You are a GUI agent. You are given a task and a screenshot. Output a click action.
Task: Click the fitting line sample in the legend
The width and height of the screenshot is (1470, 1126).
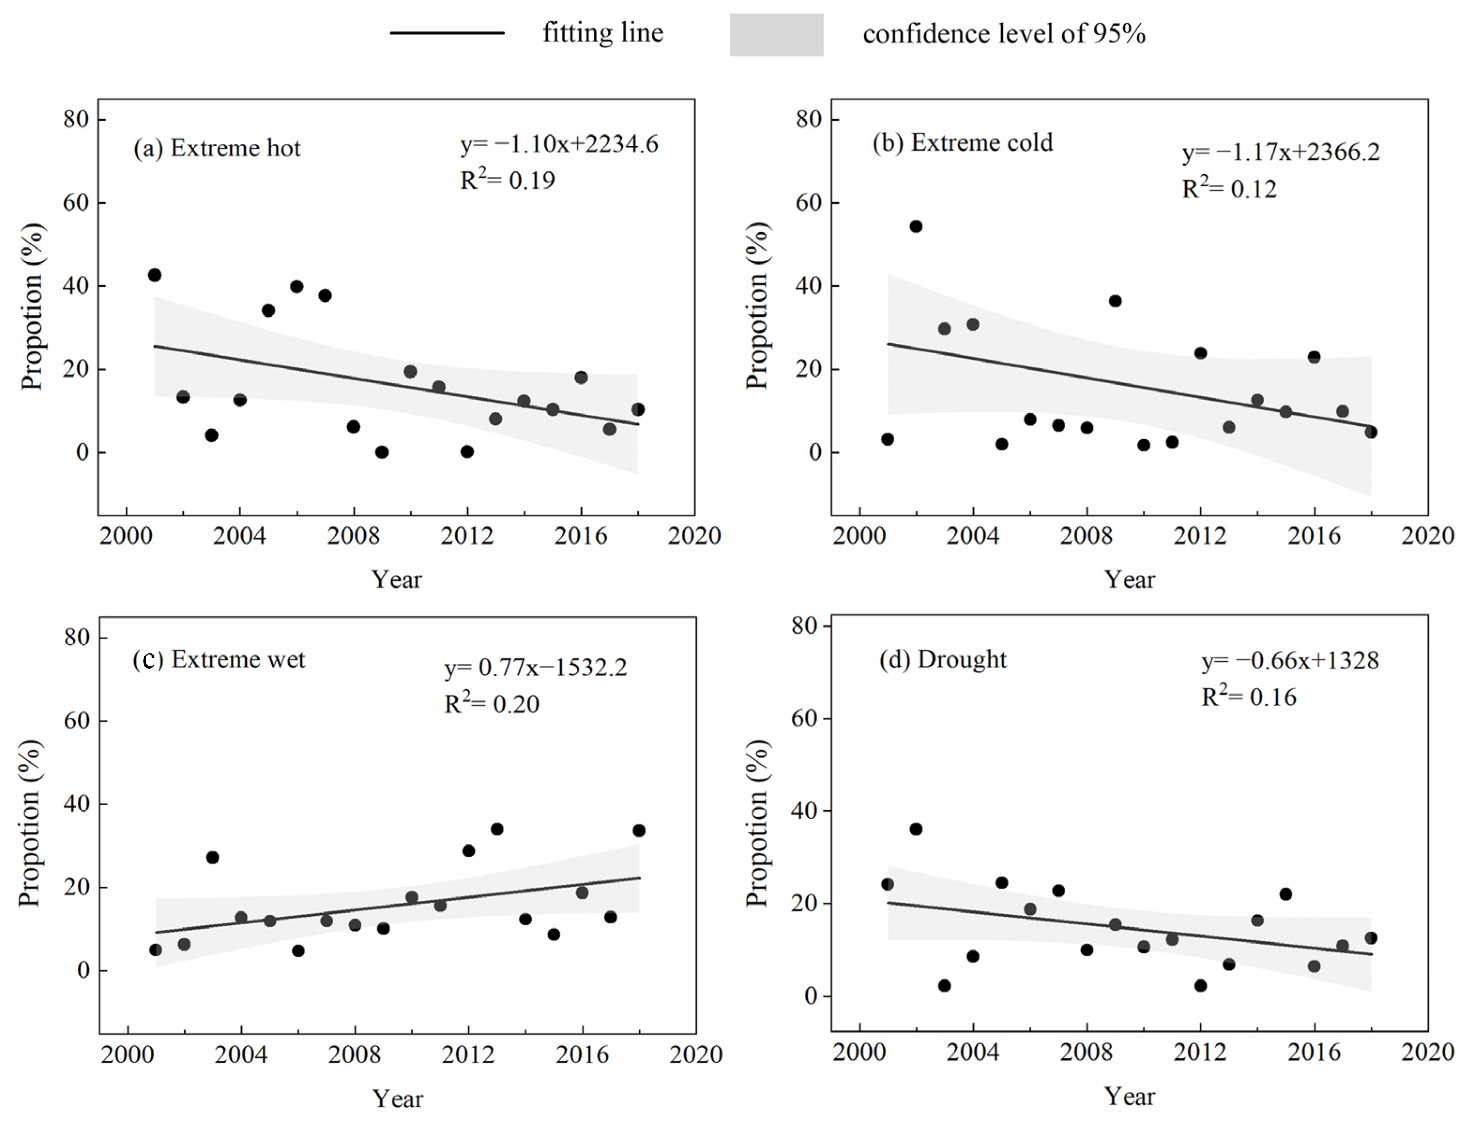447,33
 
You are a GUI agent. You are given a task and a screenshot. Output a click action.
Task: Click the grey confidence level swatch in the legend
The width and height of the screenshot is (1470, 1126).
776,34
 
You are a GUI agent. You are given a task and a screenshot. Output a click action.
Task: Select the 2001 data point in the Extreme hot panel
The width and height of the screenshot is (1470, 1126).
154,275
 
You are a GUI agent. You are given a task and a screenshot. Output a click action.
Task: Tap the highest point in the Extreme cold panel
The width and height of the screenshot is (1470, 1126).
916,226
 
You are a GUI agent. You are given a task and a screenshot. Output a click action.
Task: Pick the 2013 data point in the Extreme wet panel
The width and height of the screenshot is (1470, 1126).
497,829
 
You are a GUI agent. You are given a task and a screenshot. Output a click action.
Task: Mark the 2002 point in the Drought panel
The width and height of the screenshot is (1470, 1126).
916,829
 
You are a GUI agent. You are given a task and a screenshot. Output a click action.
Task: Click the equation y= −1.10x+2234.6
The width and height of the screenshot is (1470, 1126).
559,144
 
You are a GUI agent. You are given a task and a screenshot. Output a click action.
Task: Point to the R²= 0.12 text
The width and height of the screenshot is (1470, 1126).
1229,188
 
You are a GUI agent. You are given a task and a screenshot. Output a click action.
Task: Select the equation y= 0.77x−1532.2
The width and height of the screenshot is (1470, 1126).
535,668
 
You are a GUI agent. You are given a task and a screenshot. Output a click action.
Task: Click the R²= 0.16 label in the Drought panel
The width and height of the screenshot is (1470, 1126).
1249,696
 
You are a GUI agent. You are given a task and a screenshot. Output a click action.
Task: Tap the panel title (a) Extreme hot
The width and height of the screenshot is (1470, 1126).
217,147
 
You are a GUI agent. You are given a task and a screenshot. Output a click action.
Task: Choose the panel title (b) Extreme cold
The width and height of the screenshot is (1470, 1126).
963,143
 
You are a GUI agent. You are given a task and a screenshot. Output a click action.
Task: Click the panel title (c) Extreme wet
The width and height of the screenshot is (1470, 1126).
219,660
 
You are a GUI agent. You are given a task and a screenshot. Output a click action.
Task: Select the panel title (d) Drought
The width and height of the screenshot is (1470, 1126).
943,660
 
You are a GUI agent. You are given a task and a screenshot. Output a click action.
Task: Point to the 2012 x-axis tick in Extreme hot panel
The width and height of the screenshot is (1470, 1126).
467,535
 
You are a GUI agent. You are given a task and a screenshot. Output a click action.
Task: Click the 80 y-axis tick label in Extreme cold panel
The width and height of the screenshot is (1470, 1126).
808,119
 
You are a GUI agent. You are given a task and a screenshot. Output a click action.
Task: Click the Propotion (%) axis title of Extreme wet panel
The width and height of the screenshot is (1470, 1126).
30,823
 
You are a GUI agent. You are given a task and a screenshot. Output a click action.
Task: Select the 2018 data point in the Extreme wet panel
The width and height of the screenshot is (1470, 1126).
639,830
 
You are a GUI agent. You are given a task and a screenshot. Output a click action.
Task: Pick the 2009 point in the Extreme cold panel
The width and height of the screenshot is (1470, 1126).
1115,301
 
